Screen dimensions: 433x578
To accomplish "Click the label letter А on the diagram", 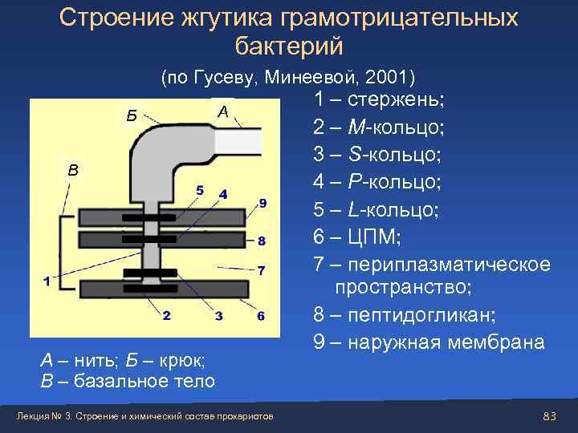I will (x=223, y=112).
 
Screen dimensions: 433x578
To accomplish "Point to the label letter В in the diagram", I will (x=73, y=170).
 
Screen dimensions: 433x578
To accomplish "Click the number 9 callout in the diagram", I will (x=263, y=202).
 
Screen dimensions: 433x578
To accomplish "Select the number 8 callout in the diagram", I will (x=262, y=241).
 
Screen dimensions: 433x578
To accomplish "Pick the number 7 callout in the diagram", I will (x=262, y=269).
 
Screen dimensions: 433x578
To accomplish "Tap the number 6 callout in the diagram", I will (x=261, y=315).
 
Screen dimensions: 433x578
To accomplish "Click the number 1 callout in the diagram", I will (x=47, y=281).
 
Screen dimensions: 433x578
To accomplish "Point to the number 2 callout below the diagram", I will (x=166, y=315).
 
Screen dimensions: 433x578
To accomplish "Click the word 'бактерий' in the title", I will (x=289, y=47).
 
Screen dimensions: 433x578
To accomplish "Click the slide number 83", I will (x=550, y=415).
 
